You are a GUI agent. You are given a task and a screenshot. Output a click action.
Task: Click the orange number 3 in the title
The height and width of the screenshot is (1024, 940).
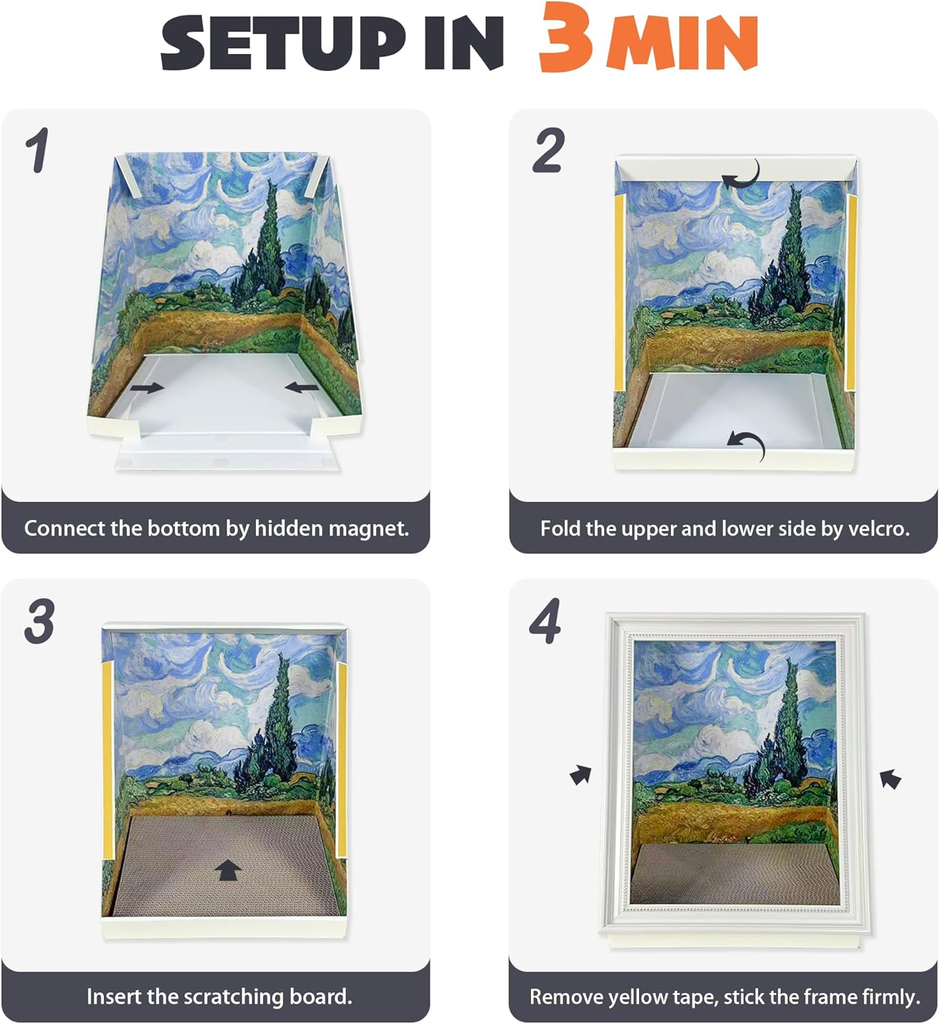566,37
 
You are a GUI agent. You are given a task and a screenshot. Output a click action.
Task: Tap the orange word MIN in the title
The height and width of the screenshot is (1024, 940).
682,43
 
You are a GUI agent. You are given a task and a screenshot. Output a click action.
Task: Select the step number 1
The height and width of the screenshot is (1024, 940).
38,150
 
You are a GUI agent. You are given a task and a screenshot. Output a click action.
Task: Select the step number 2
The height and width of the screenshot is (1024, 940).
548,150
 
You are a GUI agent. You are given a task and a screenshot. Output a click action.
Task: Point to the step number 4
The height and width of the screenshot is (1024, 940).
545,621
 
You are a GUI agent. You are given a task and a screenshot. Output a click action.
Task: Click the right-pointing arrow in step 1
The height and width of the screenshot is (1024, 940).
147,388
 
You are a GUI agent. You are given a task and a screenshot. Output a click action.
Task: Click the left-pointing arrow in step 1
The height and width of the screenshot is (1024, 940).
302,388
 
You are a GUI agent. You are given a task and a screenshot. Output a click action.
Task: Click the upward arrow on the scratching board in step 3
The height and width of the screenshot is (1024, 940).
228,870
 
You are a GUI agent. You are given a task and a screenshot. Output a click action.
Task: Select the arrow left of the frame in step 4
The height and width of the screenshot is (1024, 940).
581,774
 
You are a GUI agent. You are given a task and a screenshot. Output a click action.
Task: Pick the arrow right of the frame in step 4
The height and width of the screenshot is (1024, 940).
890,779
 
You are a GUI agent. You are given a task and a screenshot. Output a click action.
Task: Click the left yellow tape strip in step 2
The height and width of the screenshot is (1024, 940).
619,292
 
